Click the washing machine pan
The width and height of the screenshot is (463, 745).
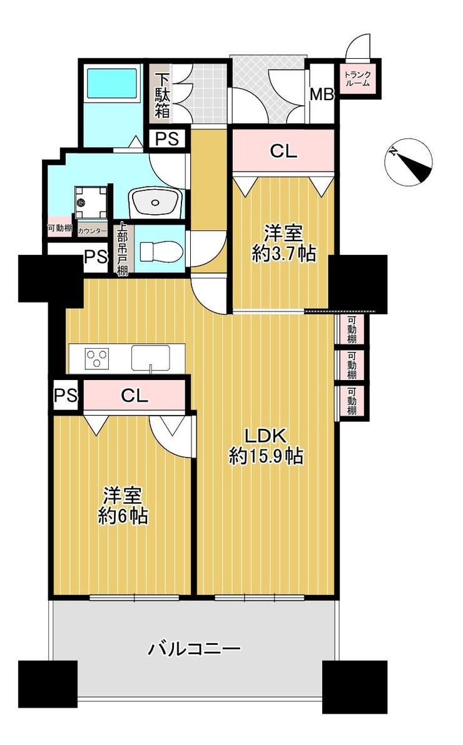[91, 202]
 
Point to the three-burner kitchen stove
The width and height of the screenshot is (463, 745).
[97, 357]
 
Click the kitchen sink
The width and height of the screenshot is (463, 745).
[151, 357]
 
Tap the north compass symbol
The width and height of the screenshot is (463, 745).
[409, 162]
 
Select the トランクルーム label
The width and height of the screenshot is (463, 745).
[357, 78]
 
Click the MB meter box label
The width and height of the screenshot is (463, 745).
[322, 94]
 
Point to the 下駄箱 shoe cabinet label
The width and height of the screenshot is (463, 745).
[163, 95]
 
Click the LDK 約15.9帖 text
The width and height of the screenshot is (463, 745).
[266, 446]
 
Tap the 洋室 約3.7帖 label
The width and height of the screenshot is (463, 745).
[283, 244]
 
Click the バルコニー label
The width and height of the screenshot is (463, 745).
[195, 648]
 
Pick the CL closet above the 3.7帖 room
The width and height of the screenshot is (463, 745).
[283, 151]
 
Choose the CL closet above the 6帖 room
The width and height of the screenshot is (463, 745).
[135, 395]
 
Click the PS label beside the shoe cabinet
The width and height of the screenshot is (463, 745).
[168, 139]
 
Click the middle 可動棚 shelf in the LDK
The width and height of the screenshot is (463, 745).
[352, 365]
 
